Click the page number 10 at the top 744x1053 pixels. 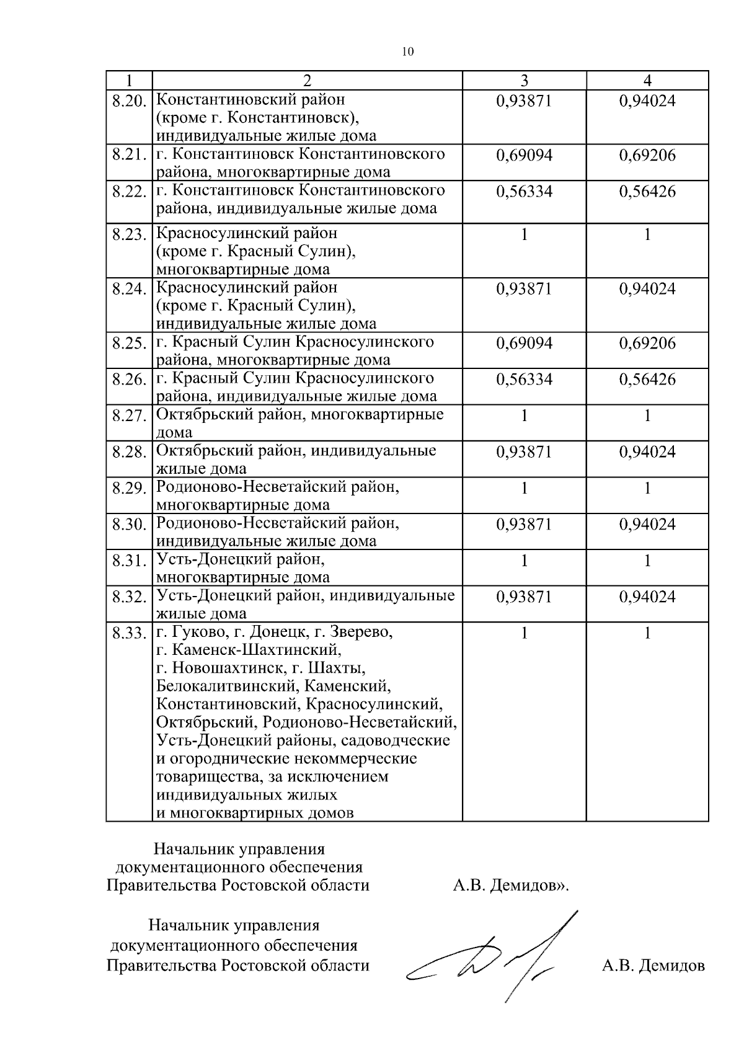pyautogui.click(x=407, y=51)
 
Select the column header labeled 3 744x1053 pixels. pyautogui.click(x=524, y=81)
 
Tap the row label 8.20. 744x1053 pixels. pyautogui.click(x=129, y=100)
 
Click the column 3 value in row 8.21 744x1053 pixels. pyautogui.click(x=524, y=155)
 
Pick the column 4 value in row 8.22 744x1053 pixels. pyautogui.click(x=647, y=192)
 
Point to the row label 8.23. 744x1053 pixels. pyautogui.click(x=129, y=235)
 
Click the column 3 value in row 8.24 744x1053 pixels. pyautogui.click(x=524, y=289)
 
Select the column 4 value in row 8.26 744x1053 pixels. pyautogui.click(x=647, y=380)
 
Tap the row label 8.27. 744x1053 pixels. pyautogui.click(x=129, y=416)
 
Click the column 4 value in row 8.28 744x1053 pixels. pyautogui.click(x=647, y=452)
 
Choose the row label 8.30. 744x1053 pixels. pyautogui.click(x=129, y=525)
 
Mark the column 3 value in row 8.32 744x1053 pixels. pyautogui.click(x=524, y=597)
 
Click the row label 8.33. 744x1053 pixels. pyautogui.click(x=129, y=634)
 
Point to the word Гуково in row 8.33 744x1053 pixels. pyautogui.click(x=195, y=633)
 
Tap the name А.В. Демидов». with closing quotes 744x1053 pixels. pyautogui.click(x=511, y=886)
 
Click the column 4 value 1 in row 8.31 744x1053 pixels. pyautogui.click(x=647, y=561)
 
